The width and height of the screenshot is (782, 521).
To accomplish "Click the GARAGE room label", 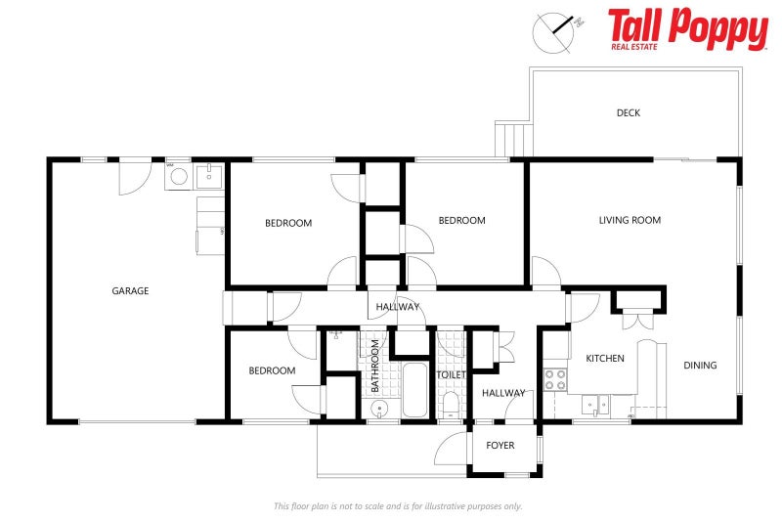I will (x=130, y=290).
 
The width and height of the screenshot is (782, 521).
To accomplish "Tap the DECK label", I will (x=629, y=113).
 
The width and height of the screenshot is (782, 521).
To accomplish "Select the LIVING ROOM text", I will (x=630, y=221).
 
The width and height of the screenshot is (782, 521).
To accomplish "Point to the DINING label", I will (x=700, y=366).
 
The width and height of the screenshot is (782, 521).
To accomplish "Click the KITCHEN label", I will (x=605, y=359).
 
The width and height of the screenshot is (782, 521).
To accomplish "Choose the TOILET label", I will (x=452, y=374).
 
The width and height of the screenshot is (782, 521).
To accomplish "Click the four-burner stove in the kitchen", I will (x=555, y=379).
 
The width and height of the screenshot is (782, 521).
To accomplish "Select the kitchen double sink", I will (x=593, y=403).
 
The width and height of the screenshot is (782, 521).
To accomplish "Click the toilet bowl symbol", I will (x=451, y=405).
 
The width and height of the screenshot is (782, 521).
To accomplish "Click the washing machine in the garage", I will (x=177, y=177).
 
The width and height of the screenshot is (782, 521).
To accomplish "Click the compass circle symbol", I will (x=551, y=30).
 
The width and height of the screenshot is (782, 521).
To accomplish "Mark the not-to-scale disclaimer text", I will (x=398, y=506).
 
